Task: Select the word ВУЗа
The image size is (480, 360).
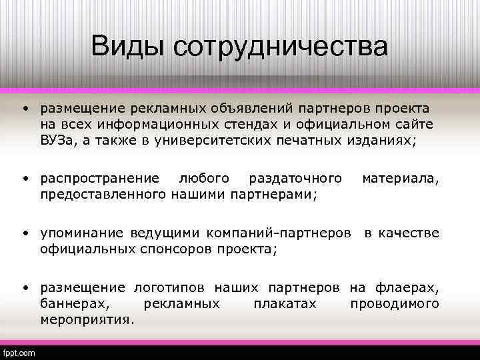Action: point(57,139)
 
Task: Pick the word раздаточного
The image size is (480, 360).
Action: point(295,178)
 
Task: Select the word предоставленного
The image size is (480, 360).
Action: point(103,194)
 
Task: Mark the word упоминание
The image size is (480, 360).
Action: point(81,233)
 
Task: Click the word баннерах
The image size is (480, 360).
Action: point(73,303)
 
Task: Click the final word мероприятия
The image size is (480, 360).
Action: point(87,319)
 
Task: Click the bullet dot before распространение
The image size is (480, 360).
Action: point(23,178)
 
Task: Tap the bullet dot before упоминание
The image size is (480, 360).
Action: point(23,233)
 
